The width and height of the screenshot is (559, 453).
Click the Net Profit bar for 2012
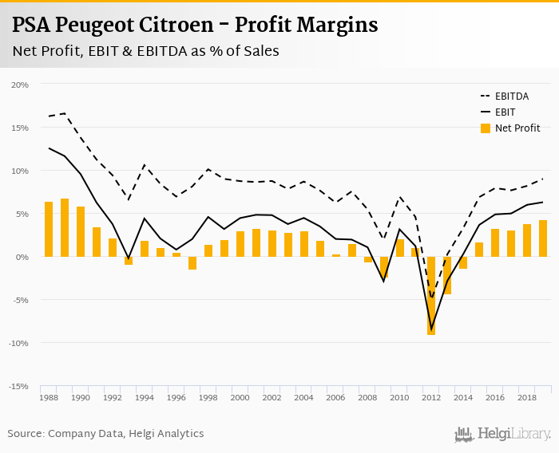(x=431, y=295)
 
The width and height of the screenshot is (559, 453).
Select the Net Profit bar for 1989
(x=65, y=227)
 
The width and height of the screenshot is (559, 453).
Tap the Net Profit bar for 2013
(x=447, y=275)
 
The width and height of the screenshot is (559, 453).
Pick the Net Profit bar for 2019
(x=543, y=238)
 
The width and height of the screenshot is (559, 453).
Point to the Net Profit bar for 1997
(x=192, y=263)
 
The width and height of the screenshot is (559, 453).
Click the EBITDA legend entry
(x=512, y=96)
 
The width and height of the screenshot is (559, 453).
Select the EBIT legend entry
(x=505, y=112)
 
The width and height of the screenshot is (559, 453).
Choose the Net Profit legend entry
(x=516, y=128)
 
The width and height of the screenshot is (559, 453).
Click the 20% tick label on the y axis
(x=20, y=85)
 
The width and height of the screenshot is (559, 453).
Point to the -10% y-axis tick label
(x=19, y=343)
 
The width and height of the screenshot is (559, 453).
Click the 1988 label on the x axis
(x=49, y=396)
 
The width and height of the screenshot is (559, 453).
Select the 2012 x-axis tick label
(x=431, y=396)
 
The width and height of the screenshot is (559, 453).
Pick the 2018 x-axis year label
(x=527, y=396)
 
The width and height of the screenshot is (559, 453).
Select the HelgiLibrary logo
(x=503, y=434)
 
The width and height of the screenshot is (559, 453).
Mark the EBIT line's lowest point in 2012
(x=431, y=329)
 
